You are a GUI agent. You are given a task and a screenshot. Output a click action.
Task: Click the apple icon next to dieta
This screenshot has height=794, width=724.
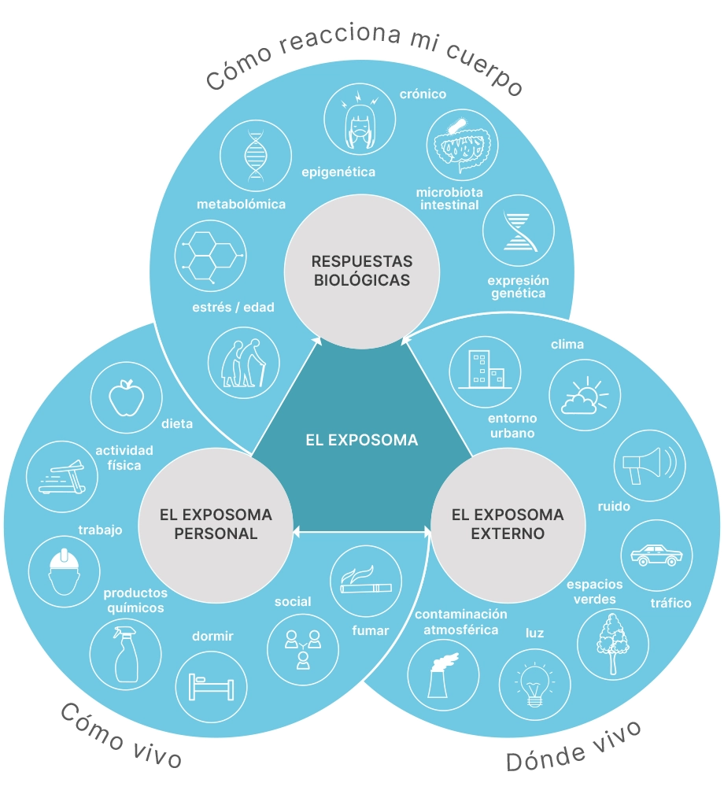pos(124,398)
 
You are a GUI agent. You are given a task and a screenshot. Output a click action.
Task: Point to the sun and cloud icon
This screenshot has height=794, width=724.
pos(584,397)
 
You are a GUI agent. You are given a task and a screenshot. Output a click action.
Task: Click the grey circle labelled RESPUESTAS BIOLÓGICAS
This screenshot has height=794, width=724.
pos(361,269)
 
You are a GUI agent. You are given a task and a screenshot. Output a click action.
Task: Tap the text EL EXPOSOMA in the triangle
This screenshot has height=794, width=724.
pos(361,440)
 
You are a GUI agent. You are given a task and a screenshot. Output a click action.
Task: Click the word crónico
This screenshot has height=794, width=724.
pos(423,94)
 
